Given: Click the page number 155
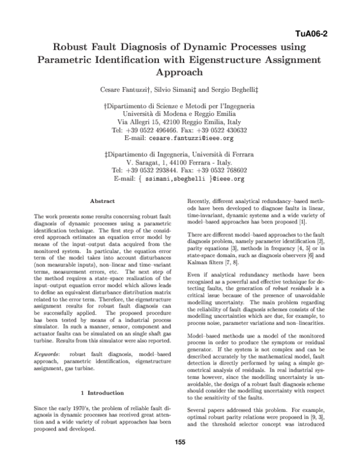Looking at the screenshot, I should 179,442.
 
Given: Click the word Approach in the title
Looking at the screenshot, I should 179,73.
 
